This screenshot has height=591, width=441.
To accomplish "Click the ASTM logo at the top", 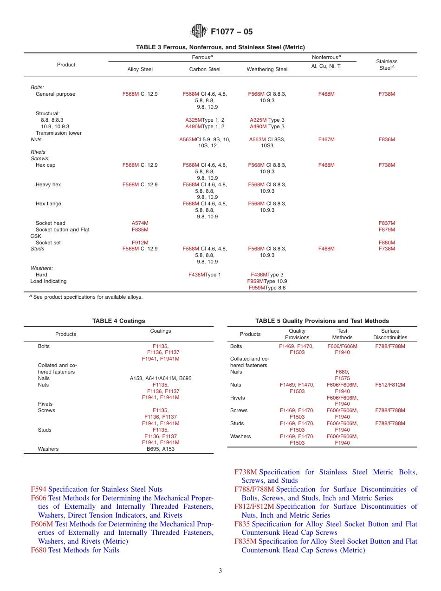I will [x=198, y=32].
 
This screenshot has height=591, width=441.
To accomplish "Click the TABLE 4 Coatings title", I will [x=118, y=321].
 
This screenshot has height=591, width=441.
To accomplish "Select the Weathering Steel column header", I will [x=267, y=69].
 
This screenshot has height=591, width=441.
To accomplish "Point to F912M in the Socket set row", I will [x=140, y=243].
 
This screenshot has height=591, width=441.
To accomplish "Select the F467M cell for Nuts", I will [x=326, y=139].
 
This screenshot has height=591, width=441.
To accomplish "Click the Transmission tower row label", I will [x=58, y=133].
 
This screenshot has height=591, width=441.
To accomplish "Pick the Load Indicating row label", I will [x=48, y=281].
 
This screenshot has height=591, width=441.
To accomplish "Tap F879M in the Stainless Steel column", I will [x=387, y=230].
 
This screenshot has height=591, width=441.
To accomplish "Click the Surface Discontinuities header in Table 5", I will [x=390, y=334].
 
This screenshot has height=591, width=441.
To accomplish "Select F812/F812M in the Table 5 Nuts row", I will [x=390, y=385].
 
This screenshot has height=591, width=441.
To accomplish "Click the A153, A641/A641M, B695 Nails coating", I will [x=160, y=378].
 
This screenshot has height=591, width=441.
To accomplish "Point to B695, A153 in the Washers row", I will [x=160, y=449].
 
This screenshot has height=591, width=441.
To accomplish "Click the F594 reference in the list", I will [x=39, y=489].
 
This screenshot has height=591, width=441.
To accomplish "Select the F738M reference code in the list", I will [x=246, y=472].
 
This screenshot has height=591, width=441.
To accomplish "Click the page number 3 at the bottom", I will [x=220, y=571].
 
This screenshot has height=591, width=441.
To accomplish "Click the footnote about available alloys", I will [x=86, y=297].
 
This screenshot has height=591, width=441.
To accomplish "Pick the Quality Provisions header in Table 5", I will [x=297, y=334].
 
